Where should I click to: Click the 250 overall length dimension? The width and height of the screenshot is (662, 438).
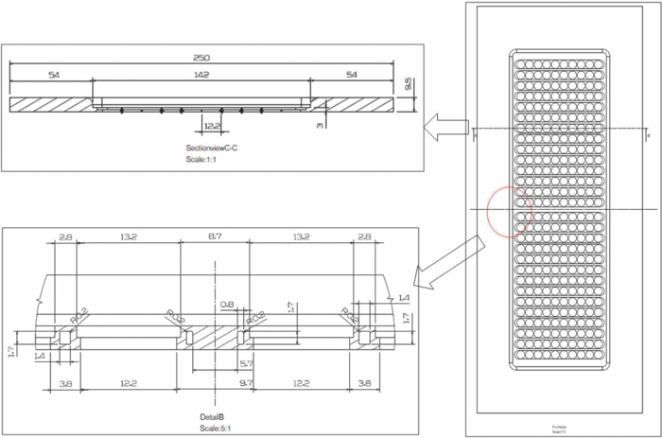[x=201, y=58]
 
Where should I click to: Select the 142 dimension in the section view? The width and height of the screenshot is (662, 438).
[x=201, y=75]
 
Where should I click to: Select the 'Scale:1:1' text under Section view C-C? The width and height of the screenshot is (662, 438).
[x=200, y=159]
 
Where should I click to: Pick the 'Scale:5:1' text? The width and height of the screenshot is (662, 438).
[x=216, y=428]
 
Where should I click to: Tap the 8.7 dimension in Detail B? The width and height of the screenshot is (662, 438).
[x=214, y=237]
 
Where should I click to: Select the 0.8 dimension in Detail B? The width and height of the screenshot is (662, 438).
[x=227, y=305]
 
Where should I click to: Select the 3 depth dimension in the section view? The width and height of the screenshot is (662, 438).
[x=320, y=123]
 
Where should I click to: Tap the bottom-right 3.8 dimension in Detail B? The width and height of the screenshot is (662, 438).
[x=366, y=385]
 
